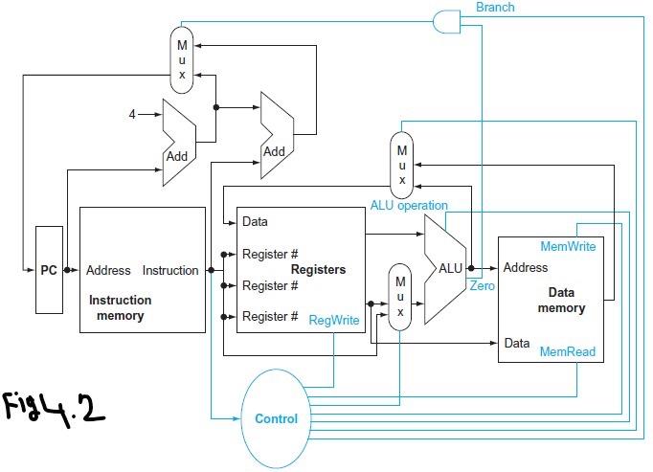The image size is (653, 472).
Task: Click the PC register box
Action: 48,270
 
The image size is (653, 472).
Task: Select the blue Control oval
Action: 276,418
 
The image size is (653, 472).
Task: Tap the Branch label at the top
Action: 495,8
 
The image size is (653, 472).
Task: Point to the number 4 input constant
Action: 133,115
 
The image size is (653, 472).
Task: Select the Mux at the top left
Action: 182,59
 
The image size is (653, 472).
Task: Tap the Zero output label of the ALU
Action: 483,285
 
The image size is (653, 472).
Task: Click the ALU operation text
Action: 409,205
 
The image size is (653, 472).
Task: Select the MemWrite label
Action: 568,246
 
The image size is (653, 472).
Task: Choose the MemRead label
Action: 568,352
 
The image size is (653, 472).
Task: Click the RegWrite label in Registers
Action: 333,322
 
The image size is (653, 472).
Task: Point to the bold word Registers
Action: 318,270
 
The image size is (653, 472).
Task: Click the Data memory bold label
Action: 566,300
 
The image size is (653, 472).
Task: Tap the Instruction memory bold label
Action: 120,307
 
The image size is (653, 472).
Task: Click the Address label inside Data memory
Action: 526,268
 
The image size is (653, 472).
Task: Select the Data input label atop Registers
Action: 255,221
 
